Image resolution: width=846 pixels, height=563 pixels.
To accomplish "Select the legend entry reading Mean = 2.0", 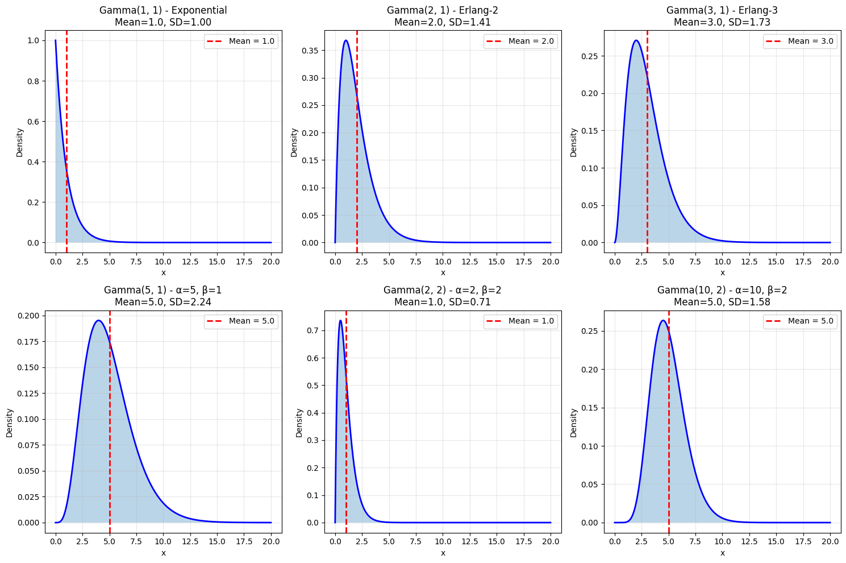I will [x=520, y=41].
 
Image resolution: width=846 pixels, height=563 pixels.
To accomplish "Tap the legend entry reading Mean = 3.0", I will [x=800, y=41].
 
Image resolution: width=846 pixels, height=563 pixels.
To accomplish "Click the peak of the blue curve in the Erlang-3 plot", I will [x=636, y=40].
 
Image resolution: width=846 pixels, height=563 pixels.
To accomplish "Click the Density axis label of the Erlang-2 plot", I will [x=294, y=142].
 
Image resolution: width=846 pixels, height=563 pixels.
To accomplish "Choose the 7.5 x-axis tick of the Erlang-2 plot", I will [x=416, y=262].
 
